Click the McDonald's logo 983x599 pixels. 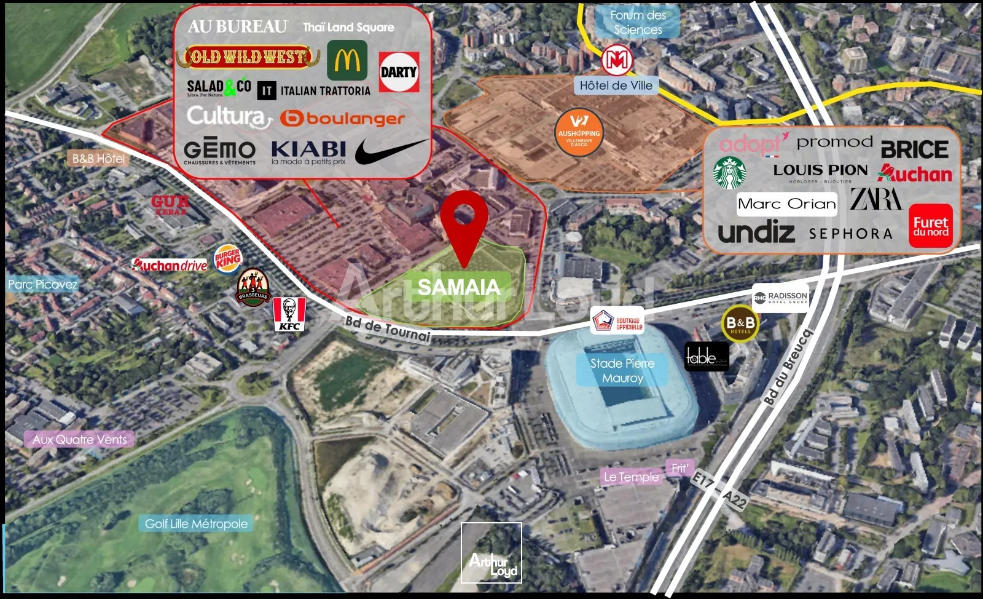347,60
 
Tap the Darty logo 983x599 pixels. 399,72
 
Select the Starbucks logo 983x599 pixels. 730,173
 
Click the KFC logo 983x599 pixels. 289,314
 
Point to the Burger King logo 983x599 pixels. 228,259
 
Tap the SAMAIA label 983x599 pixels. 458,287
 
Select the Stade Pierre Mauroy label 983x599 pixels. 622,370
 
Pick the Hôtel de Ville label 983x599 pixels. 616,85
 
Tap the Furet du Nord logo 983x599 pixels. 930,226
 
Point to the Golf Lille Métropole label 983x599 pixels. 197,524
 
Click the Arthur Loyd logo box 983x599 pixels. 491,552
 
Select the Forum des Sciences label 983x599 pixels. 638,22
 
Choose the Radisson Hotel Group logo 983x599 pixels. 780,298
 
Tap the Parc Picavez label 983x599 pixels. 43,284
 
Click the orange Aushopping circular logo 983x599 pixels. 578,132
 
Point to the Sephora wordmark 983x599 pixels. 850,234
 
